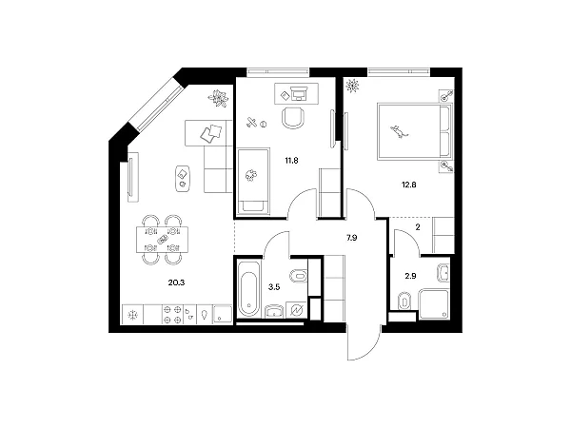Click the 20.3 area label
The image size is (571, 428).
coord(176,282)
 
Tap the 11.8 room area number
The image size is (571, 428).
coord(291,160)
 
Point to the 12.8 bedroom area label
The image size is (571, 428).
coord(408,185)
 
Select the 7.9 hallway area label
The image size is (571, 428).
coord(352,238)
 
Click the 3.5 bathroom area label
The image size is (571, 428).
coord(274,287)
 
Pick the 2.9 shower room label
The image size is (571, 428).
coord(410,276)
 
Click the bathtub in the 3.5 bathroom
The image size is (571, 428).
coord(248,289)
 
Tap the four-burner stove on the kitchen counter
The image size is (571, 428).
coord(172,315)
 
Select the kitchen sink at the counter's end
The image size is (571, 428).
coord(222,315)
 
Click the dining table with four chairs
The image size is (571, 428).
coord(163,240)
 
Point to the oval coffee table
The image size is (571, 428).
coord(183,179)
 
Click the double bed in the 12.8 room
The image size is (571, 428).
coord(415,131)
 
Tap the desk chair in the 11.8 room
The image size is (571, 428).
coord(293,118)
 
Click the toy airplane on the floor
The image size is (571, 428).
coord(251,122)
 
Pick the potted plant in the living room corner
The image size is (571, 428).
coord(218,98)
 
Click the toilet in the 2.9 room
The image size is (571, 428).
coord(404,301)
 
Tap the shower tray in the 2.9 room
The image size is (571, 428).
coord(434,304)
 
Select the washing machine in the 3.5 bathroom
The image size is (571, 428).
coord(297,310)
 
